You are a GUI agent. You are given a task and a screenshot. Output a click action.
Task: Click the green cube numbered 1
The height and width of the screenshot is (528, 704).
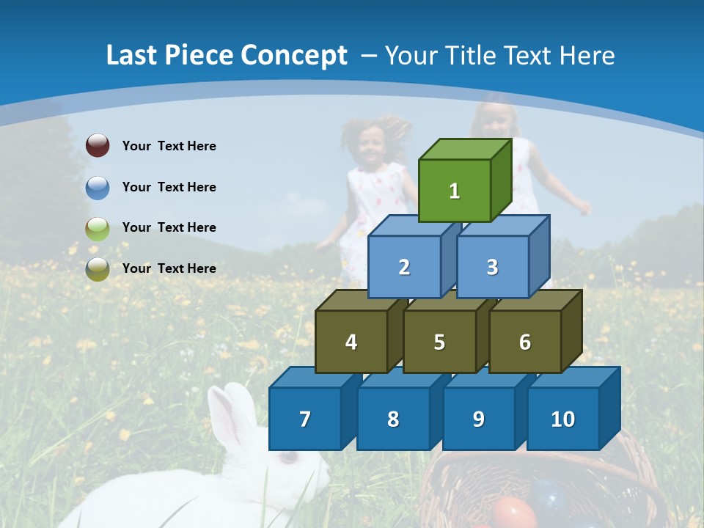point(455,191)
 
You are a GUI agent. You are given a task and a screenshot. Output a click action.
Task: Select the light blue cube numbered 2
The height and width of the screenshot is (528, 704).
point(404,267)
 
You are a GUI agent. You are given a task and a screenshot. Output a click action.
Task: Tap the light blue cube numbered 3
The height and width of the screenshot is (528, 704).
point(492,267)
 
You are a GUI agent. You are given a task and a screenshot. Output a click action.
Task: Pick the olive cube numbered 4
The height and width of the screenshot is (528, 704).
point(351,342)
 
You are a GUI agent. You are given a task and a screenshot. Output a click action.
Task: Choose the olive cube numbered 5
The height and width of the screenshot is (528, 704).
point(439,342)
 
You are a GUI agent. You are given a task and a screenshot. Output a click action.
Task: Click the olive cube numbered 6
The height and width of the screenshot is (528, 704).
point(525,342)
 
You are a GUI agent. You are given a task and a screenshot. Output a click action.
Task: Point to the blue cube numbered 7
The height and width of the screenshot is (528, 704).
point(305,419)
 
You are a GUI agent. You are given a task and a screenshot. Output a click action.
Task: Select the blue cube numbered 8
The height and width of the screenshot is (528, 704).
point(393,419)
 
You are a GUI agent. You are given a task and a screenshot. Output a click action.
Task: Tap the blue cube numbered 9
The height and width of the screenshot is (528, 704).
point(478,419)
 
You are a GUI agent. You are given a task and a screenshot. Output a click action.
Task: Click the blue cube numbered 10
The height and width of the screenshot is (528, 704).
point(562,419)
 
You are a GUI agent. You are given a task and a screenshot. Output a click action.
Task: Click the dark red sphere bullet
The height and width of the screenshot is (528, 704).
point(98,146)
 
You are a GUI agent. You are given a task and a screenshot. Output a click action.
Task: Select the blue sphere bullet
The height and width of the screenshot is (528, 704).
point(98,187)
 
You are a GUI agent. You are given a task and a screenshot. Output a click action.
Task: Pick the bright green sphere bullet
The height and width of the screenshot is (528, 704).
point(98,228)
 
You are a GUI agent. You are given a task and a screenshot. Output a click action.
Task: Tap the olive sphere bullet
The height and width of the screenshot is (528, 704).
point(98,268)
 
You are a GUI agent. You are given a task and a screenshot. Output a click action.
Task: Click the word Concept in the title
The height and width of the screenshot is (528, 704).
point(294,56)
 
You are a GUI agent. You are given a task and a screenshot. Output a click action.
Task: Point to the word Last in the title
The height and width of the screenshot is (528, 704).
point(133,56)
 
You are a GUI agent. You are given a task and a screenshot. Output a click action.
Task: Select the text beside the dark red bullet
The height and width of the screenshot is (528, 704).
point(169,146)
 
